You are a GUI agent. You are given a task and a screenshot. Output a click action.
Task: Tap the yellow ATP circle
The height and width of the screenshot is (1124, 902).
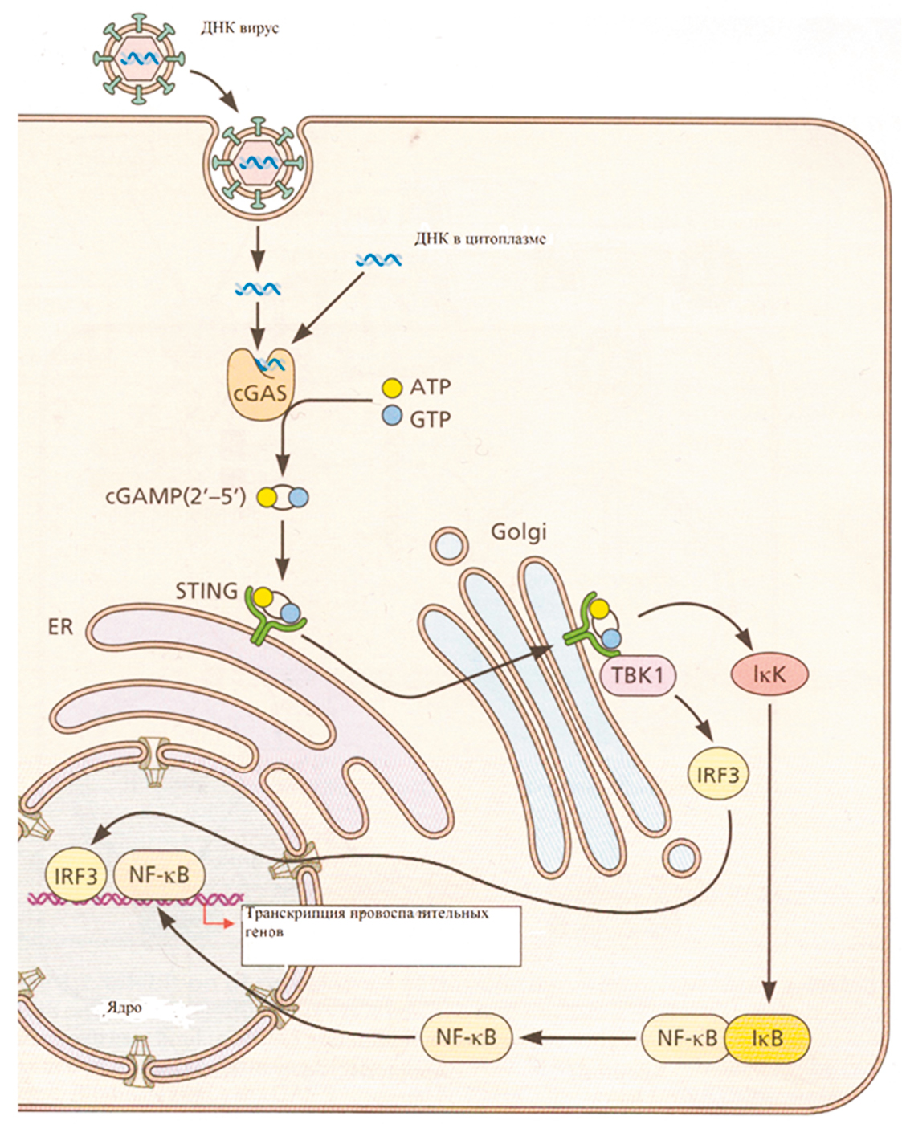tap(391, 388)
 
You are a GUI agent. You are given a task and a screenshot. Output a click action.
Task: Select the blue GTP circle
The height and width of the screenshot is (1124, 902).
tap(391, 416)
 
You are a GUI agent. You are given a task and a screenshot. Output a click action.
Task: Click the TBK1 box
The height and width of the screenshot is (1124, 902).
tap(638, 674)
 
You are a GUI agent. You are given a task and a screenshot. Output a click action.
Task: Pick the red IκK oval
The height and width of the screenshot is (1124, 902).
tap(768, 675)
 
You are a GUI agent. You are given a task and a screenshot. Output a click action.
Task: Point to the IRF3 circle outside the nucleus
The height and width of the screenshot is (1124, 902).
tap(717, 776)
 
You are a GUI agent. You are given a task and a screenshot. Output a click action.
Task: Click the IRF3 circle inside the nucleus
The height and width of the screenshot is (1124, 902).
tap(76, 875)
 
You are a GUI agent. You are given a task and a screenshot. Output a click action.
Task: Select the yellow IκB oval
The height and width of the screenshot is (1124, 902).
tap(767, 1038)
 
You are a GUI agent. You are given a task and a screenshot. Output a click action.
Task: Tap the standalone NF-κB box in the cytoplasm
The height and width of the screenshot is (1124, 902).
tap(466, 1037)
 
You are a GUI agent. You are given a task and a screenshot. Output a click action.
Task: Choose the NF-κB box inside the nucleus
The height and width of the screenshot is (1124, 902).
tap(159, 874)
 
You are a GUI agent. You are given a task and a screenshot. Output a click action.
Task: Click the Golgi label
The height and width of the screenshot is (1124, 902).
tap(518, 531)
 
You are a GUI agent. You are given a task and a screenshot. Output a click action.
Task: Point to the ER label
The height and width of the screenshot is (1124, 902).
tap(60, 626)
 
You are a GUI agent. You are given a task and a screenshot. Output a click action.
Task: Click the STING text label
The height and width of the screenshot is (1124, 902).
tap(206, 592)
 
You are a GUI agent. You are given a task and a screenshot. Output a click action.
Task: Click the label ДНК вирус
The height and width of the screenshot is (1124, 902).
tap(239, 28)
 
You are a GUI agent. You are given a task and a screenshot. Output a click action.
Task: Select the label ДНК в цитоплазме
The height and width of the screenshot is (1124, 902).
tap(480, 238)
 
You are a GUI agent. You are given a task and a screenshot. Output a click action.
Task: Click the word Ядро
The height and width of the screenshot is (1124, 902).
tap(124, 1008)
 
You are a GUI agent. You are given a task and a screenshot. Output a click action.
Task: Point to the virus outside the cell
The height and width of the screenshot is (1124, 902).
tap(139, 59)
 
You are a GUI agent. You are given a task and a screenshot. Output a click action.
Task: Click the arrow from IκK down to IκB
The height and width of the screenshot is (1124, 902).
tap(769, 851)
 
